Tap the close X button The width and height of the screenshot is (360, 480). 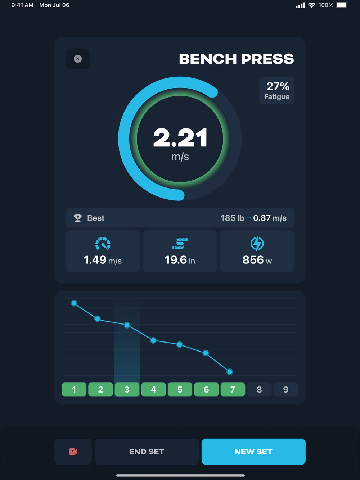78,59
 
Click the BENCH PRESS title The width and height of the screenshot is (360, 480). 236,59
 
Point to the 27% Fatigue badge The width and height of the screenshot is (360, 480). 276,90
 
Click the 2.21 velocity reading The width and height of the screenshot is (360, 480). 180,138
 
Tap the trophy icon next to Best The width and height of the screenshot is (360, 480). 78,218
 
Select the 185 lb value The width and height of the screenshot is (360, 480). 232,218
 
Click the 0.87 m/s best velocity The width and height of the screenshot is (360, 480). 270,218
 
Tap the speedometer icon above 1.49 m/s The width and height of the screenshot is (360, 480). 103,244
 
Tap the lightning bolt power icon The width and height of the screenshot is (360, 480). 257,244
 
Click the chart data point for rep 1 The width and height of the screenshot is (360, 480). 74,303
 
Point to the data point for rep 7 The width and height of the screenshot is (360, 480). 230,372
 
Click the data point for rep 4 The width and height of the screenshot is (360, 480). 153,340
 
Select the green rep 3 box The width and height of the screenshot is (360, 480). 127,389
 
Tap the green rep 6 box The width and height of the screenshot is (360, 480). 206,389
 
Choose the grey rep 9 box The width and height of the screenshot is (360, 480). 285,389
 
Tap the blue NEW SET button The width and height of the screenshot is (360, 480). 253,452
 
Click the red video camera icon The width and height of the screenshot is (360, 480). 73,452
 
